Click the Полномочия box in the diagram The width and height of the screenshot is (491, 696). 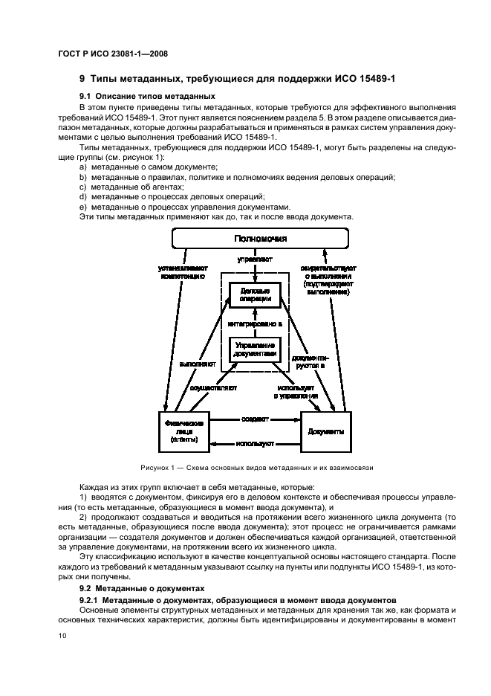pyautogui.click(x=260, y=239)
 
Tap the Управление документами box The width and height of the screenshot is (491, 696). pyautogui.click(x=255, y=349)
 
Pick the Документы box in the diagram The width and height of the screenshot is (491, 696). pyautogui.click(x=325, y=431)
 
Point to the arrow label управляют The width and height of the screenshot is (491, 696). pyautogui.click(x=255, y=261)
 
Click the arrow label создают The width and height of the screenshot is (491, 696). pyautogui.click(x=255, y=419)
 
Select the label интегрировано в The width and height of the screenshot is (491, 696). pyautogui.click(x=255, y=324)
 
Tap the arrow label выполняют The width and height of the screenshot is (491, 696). pyautogui.click(x=197, y=364)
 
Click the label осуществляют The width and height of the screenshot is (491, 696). pyautogui.click(x=213, y=388)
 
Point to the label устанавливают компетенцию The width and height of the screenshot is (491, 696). pyautogui.click(x=183, y=272)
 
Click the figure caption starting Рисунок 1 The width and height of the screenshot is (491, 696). pyautogui.click(x=256, y=468)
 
